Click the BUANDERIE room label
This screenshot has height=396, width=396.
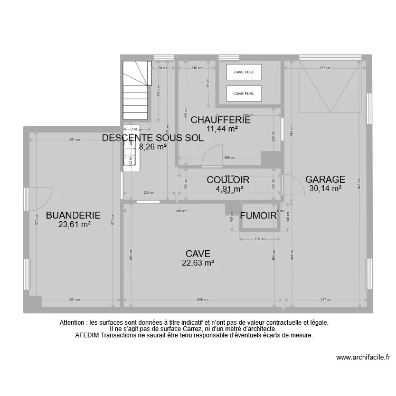(x=73, y=215)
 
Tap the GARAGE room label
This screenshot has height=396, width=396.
(x=325, y=180)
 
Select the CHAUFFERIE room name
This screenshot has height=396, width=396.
(x=221, y=120)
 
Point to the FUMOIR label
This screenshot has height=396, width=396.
(x=258, y=215)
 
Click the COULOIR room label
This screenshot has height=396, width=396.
(x=228, y=180)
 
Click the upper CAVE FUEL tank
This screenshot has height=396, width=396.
(x=244, y=72)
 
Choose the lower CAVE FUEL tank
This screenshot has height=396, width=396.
(x=244, y=93)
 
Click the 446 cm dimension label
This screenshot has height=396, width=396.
(x=181, y=211)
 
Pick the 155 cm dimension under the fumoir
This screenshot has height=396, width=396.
(x=259, y=239)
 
